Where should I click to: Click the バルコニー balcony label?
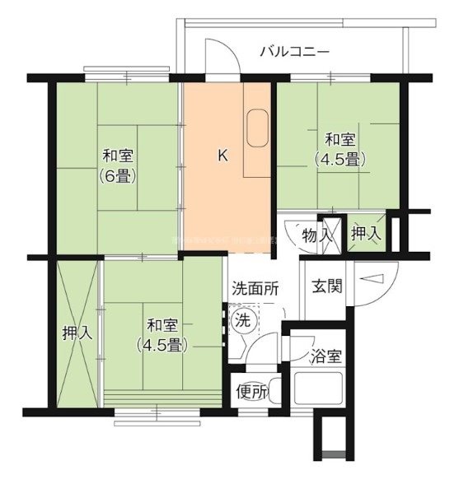point(294,51)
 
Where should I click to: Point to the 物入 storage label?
point(318,234)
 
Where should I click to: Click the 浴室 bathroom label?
point(326,358)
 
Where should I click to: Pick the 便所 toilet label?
point(251,393)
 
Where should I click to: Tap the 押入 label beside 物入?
point(366,234)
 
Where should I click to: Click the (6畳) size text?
point(119,175)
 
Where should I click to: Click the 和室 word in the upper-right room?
point(340,138)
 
